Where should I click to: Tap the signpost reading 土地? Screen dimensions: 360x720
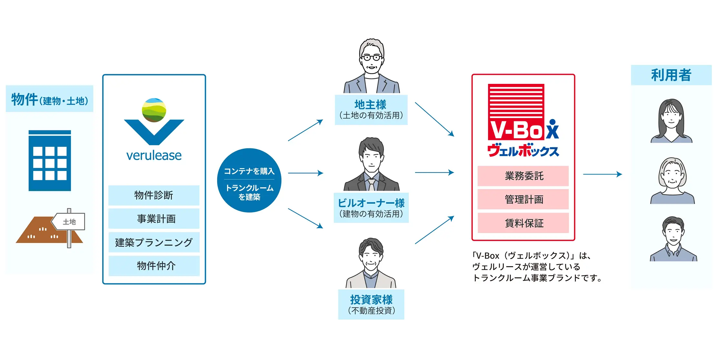(x=69, y=222)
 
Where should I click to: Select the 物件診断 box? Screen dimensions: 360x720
(x=154, y=195)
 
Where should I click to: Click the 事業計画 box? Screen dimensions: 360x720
(x=154, y=219)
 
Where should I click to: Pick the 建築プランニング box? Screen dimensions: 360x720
(x=154, y=242)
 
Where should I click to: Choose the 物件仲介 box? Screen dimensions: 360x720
(x=154, y=266)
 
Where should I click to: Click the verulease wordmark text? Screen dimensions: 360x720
(x=154, y=155)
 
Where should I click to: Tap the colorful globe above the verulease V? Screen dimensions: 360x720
(x=154, y=110)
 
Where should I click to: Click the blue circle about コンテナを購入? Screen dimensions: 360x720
(x=249, y=180)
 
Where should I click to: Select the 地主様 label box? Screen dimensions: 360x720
(x=371, y=110)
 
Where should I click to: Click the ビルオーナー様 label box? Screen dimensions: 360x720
(x=371, y=208)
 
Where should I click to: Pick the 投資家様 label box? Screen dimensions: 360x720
(x=371, y=305)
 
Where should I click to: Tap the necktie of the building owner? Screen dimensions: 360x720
(x=372, y=185)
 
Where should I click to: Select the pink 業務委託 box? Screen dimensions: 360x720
(x=523, y=176)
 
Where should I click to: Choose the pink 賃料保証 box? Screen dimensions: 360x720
(x=523, y=223)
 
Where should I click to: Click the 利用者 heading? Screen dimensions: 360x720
(x=671, y=75)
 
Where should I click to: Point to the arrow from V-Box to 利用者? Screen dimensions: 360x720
(x=602, y=174)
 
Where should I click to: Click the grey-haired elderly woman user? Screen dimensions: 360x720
(x=672, y=181)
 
